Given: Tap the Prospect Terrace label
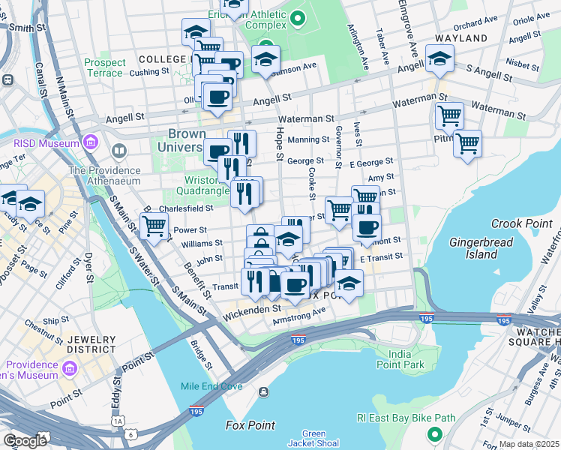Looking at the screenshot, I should point(104,67).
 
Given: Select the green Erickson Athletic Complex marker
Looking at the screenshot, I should point(298,17).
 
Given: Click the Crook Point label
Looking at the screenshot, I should point(521,223).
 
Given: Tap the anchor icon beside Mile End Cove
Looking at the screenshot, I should point(263,392).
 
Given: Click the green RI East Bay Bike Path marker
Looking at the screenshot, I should point(433,434).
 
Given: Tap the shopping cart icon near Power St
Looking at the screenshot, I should point(154,224).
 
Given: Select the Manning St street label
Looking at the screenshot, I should point(308,139).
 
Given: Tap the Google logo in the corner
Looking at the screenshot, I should point(25,441).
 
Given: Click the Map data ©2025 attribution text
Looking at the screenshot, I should point(529,444).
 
